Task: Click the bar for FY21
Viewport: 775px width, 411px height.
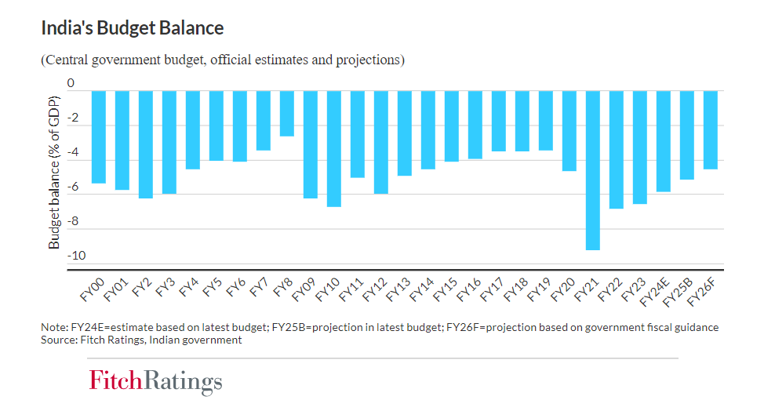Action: (593, 170)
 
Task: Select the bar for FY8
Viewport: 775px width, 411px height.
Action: (287, 114)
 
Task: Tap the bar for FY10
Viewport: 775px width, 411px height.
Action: (334, 149)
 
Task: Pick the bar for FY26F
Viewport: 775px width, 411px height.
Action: (710, 130)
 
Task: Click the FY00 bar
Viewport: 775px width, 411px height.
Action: (99, 137)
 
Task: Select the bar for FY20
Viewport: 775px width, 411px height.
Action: (569, 131)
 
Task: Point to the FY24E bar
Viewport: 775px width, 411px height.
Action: (663, 141)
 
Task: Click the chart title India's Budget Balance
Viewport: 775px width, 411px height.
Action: (132, 28)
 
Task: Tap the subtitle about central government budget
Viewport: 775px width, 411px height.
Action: (223, 60)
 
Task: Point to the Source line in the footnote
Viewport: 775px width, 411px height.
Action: (141, 340)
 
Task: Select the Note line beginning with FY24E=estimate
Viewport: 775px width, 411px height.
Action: (380, 327)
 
